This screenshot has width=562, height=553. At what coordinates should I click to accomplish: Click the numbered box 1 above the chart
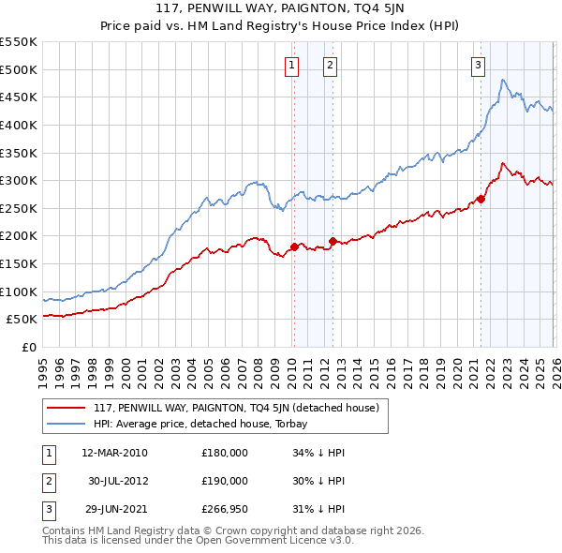[x=292, y=65]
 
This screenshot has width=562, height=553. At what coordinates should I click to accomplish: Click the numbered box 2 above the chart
[x=332, y=65]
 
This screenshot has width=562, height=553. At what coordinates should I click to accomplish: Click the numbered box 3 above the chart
[x=478, y=65]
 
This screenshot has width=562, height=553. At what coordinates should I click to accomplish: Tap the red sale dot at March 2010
[x=293, y=247]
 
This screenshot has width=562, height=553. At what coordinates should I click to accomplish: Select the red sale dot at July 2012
[x=333, y=241]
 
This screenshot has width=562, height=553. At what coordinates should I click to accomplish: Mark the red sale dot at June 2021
[x=481, y=199]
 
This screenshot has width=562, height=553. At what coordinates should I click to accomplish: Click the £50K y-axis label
[x=22, y=319]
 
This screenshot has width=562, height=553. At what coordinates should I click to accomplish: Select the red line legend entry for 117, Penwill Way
[x=235, y=408]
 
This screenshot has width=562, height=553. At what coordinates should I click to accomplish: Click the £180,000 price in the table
[x=225, y=453]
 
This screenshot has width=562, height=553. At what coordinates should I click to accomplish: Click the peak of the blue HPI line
[x=503, y=81]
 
